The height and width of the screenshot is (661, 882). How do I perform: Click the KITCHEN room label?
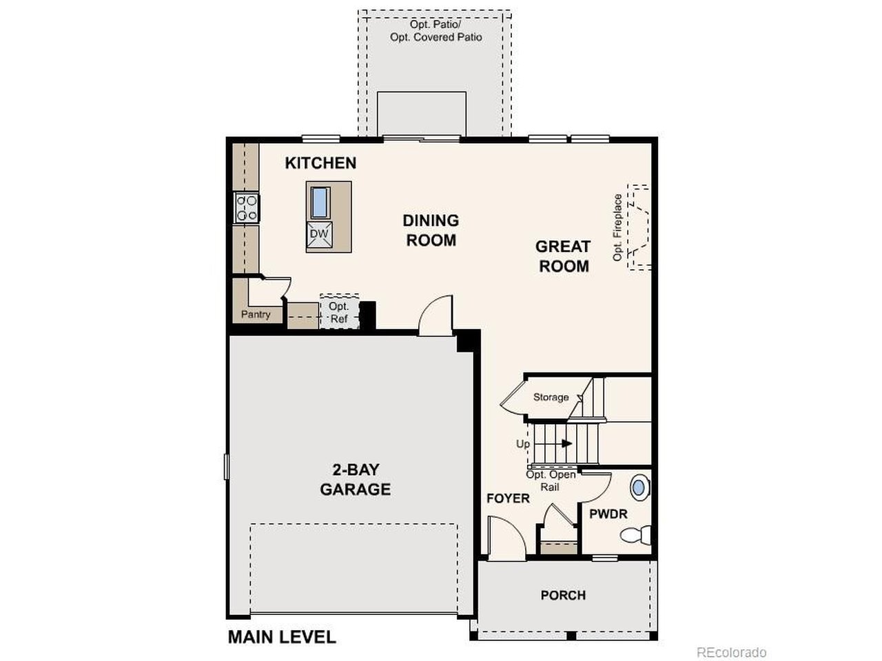pyautogui.click(x=320, y=163)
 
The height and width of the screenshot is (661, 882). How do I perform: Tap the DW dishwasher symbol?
pyautogui.click(x=320, y=234)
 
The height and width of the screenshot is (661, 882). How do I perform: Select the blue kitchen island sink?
pyautogui.click(x=320, y=202)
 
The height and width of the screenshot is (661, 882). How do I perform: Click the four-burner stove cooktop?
pyautogui.click(x=247, y=207)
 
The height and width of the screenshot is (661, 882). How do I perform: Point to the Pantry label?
pyautogui.click(x=256, y=314)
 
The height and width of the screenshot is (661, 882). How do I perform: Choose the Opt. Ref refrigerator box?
pyautogui.click(x=339, y=312)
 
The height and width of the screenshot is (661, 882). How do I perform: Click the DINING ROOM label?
pyautogui.click(x=431, y=231)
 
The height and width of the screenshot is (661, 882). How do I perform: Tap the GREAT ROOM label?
pyautogui.click(x=563, y=256)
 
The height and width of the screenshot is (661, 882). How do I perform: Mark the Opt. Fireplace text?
pyautogui.click(x=617, y=227)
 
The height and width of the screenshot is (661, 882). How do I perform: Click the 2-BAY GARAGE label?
pyautogui.click(x=355, y=479)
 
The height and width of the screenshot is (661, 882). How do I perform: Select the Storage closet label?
pyautogui.click(x=551, y=397)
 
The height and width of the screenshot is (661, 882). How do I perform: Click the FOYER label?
pyautogui.click(x=508, y=498)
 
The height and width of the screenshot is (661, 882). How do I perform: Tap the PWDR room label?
pyautogui.click(x=608, y=514)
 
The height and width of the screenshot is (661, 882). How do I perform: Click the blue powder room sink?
pyautogui.click(x=639, y=487)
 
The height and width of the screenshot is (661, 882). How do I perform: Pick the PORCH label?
pyautogui.click(x=563, y=595)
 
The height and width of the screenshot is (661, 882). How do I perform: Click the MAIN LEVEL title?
pyautogui.click(x=282, y=637)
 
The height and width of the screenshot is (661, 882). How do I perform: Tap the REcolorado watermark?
pyautogui.click(x=731, y=652)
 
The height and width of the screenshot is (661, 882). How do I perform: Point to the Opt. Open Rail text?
pyautogui.click(x=551, y=481)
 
